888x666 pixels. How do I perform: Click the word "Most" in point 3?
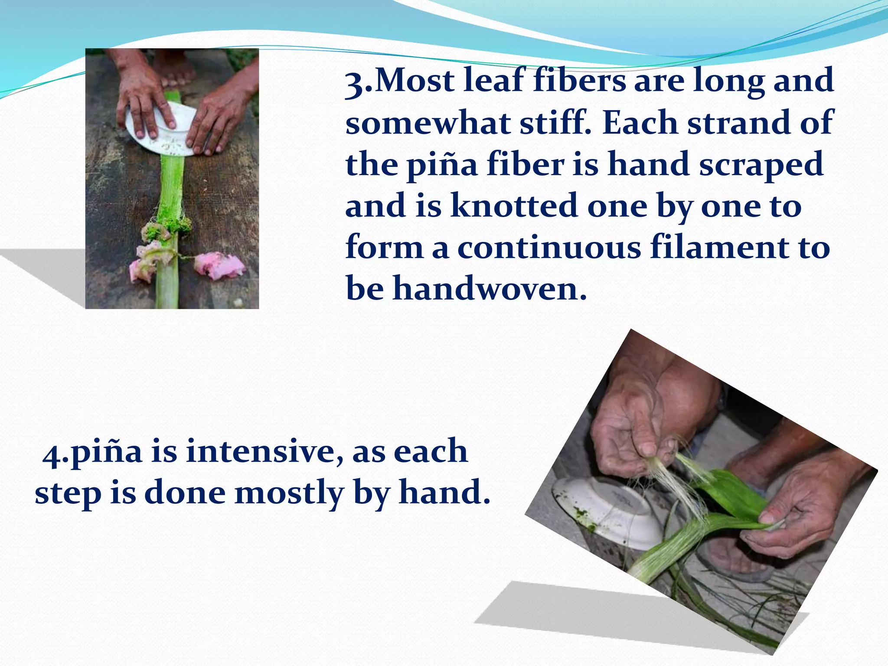point(415,81)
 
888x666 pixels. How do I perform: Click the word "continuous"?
point(549,248)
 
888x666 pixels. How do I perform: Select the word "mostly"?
point(289,493)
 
